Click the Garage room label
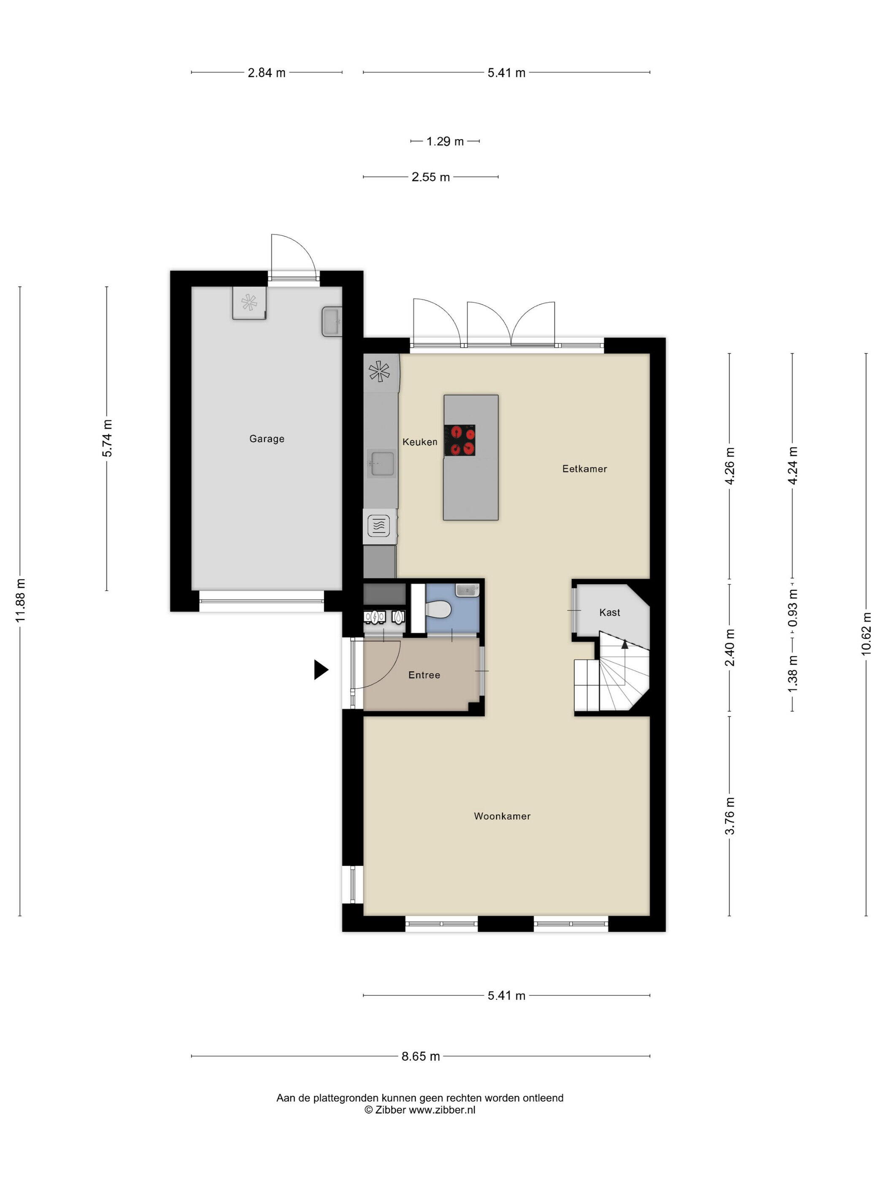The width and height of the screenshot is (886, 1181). [267, 439]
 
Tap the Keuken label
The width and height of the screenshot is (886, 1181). [420, 442]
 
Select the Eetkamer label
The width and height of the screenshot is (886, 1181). [585, 469]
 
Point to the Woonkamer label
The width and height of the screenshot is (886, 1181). [502, 816]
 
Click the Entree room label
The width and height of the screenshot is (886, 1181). [424, 675]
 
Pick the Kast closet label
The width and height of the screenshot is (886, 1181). [609, 612]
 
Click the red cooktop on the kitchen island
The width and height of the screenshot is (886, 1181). [460, 440]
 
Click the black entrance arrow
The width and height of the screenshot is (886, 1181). [321, 669]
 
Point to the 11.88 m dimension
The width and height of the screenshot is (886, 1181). [20, 601]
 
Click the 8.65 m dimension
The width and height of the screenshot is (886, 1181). [421, 1056]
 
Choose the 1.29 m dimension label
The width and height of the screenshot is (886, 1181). [445, 141]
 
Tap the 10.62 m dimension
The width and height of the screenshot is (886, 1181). [866, 634]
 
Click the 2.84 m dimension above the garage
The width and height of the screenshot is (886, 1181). [267, 73]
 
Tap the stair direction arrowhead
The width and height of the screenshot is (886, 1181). [625, 644]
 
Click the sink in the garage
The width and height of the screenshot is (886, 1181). [332, 321]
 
